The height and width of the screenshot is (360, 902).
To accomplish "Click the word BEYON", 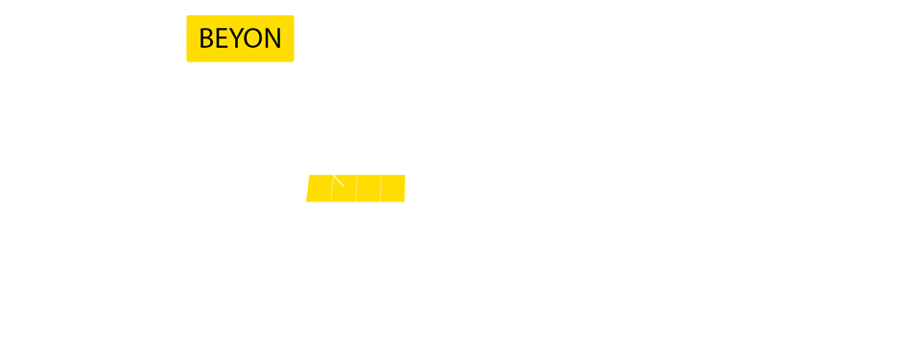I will pos(240,38).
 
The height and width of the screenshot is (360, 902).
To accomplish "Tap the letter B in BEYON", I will pos(205,38).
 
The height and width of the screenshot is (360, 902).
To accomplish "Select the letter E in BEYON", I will pos(222,38).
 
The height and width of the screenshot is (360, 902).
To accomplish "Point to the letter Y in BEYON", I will pos(237,38).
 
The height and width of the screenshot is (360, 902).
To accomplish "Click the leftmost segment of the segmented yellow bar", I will pos(319,188).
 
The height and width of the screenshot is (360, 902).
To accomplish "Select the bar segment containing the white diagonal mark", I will pos(344,190).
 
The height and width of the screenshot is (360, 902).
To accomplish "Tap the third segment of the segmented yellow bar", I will pos(368,188).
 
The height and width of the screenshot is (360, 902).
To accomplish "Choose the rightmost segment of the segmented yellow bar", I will pos(393,188).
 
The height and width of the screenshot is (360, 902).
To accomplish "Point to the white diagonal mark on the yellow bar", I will pos(338,180).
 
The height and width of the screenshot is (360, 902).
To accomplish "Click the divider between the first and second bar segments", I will pos(332,188).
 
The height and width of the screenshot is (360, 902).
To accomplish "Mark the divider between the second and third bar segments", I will pos(356,188).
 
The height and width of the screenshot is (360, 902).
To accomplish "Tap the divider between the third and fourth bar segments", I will pos(381,188).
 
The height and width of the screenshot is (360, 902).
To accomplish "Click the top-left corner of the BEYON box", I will pos(187,16).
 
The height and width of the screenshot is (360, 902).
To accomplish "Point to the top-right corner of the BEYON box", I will pos(294,16).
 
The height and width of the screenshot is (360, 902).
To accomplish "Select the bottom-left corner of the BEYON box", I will pos(187,61).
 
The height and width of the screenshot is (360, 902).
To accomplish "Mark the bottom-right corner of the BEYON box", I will pos(294,61).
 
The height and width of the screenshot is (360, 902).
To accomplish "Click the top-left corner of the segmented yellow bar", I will pos(306,175).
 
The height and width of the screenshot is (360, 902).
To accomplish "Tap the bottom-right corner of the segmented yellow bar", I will pos(405,202).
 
